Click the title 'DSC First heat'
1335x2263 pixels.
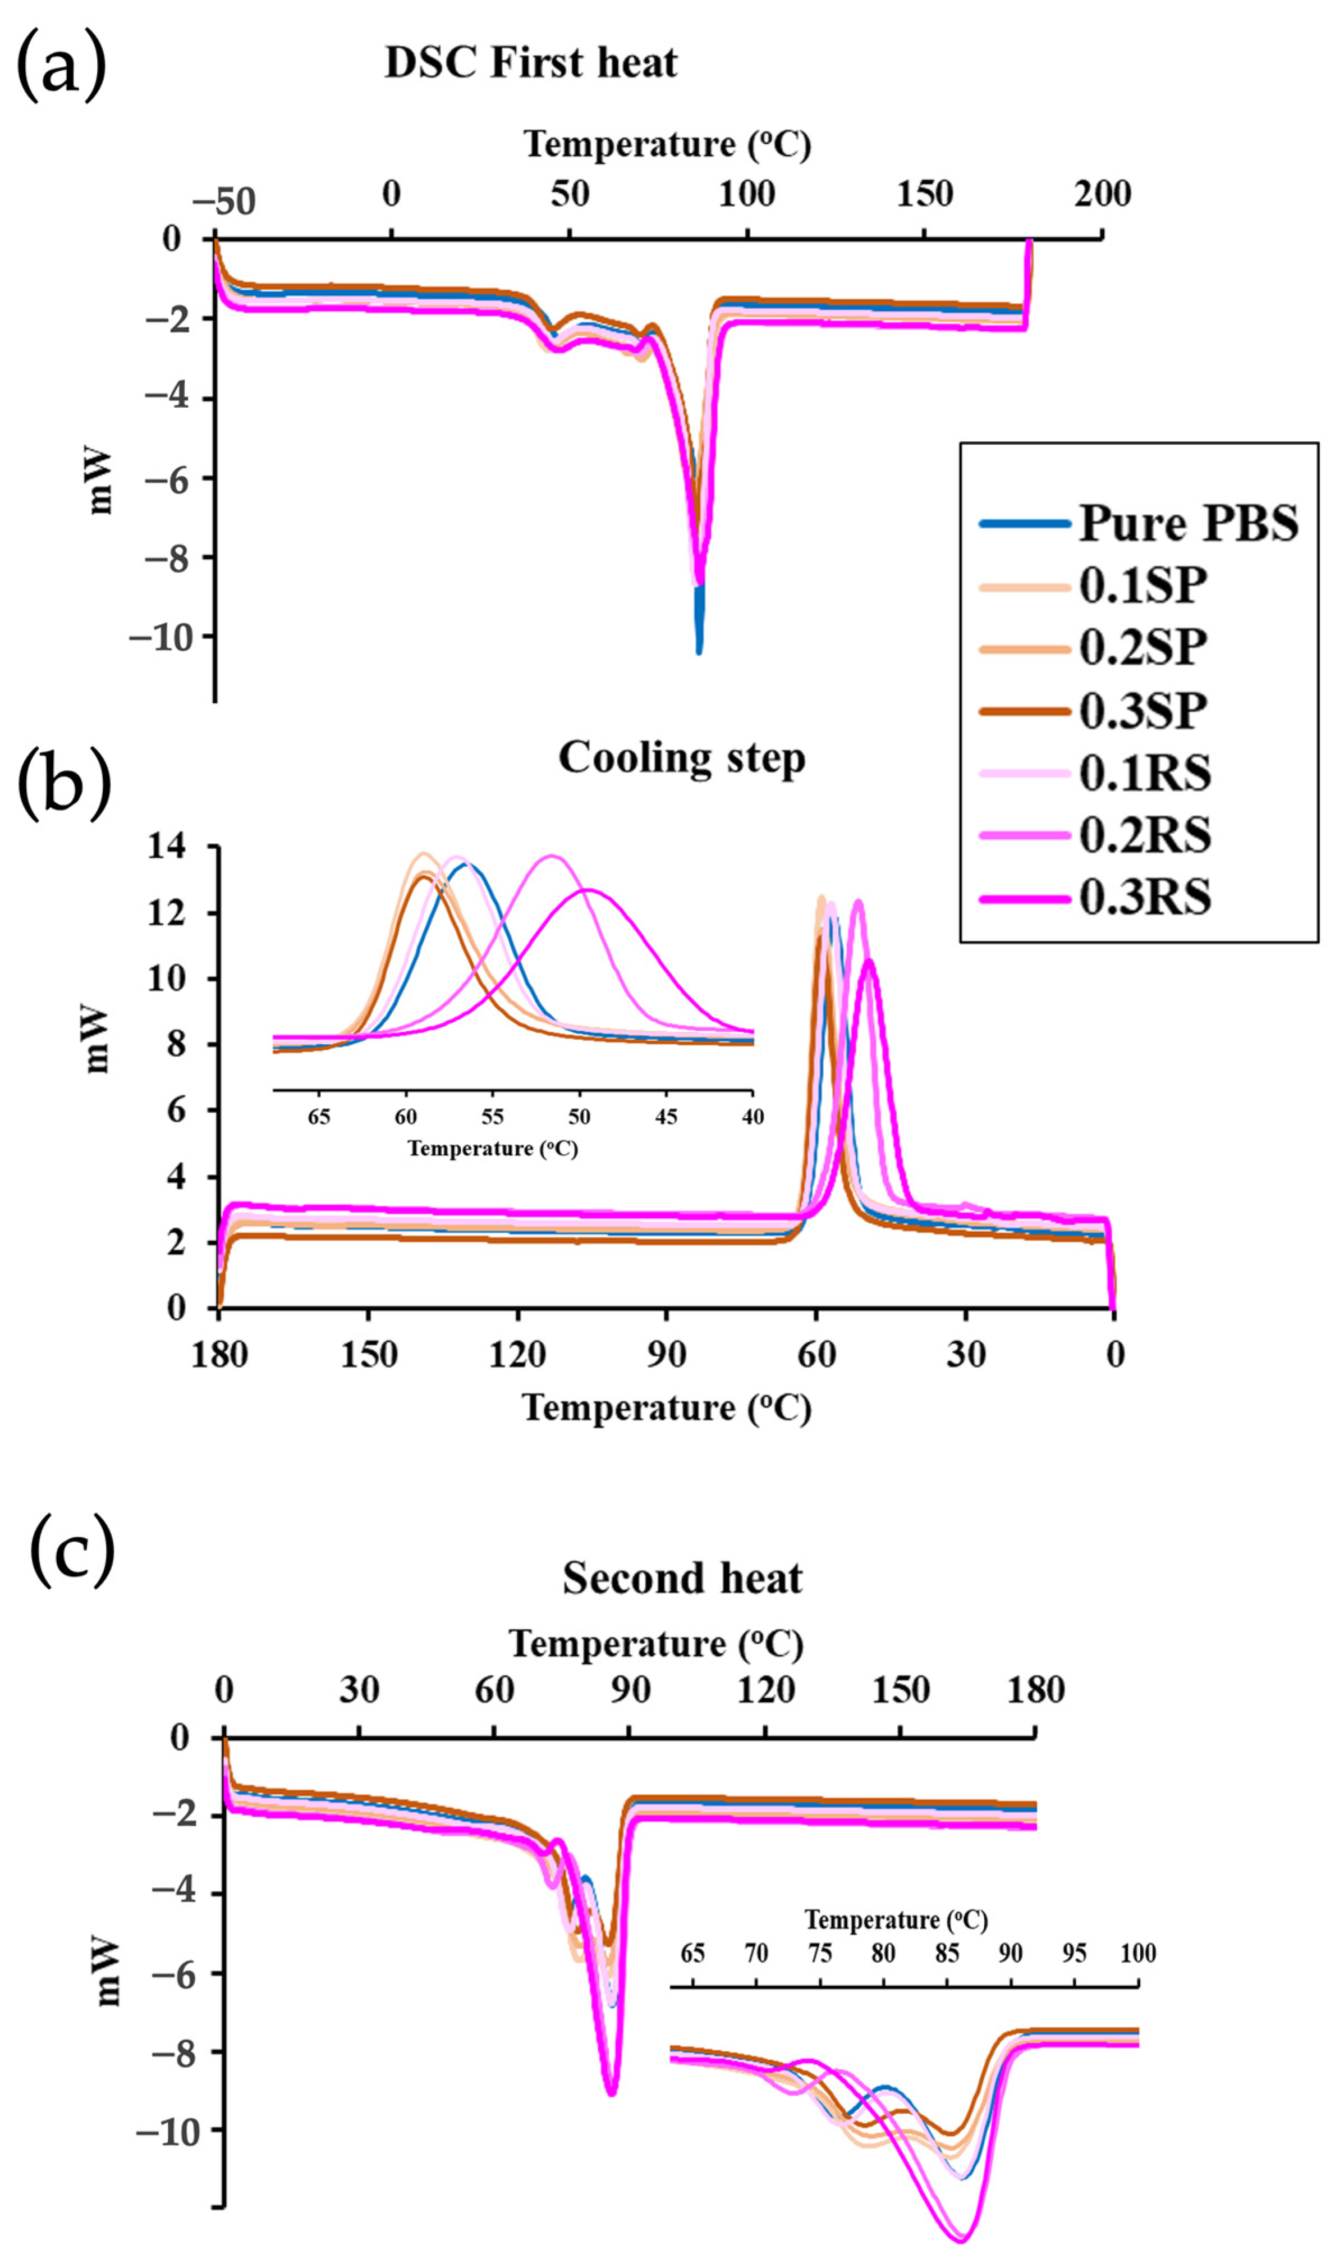click(x=531, y=63)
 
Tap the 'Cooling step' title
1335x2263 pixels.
click(x=682, y=758)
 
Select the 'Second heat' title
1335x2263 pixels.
click(x=682, y=1578)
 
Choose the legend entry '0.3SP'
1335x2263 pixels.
click(x=1143, y=711)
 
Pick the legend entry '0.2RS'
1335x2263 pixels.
click(x=1144, y=835)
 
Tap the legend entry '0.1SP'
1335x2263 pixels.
click(x=1143, y=586)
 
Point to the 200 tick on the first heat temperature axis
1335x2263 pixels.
click(x=1102, y=194)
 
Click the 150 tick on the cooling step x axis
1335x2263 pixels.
click(x=368, y=1354)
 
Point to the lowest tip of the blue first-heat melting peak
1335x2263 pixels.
click(x=699, y=651)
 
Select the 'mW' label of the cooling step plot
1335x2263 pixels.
click(x=97, y=1040)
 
